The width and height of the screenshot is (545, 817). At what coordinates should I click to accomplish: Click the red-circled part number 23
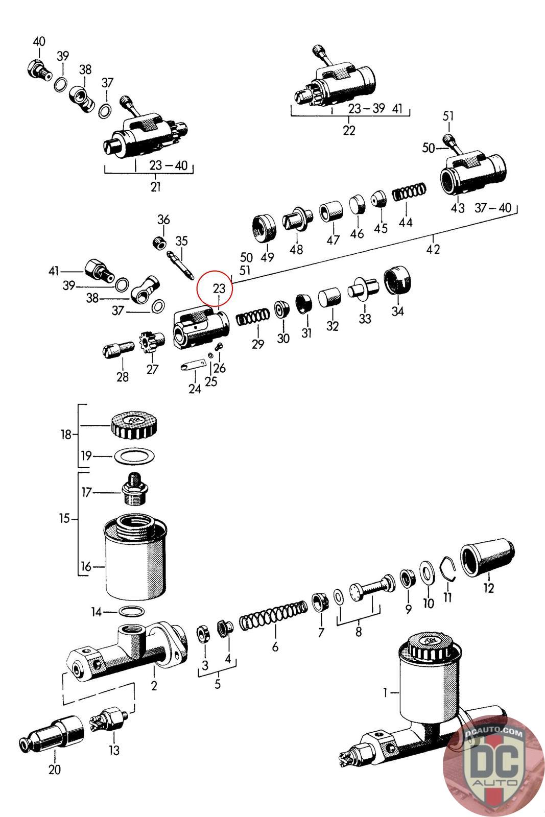click(219, 289)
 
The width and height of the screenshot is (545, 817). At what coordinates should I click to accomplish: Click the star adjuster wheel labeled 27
click(152, 341)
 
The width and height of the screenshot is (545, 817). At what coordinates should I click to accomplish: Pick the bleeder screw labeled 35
click(181, 265)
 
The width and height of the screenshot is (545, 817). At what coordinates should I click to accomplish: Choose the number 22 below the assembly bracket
click(349, 130)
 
